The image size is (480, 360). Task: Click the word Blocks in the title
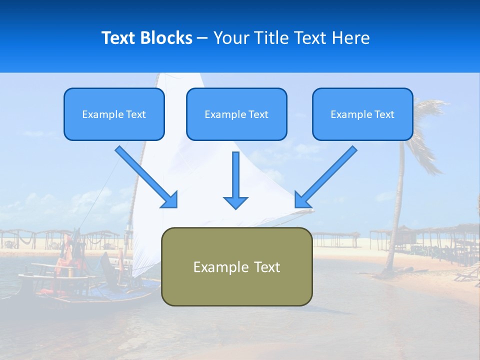[168, 38]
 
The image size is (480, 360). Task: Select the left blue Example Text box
[114, 114]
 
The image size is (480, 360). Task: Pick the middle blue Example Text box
[236, 114]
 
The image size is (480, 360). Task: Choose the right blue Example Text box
[362, 114]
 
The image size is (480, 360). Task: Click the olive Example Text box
[236, 266]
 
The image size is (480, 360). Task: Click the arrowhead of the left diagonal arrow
[169, 199]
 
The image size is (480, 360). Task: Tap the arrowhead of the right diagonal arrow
[302, 199]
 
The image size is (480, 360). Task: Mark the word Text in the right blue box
[384, 114]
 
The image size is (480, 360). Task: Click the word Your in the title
[231, 38]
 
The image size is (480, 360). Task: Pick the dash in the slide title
[202, 38]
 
